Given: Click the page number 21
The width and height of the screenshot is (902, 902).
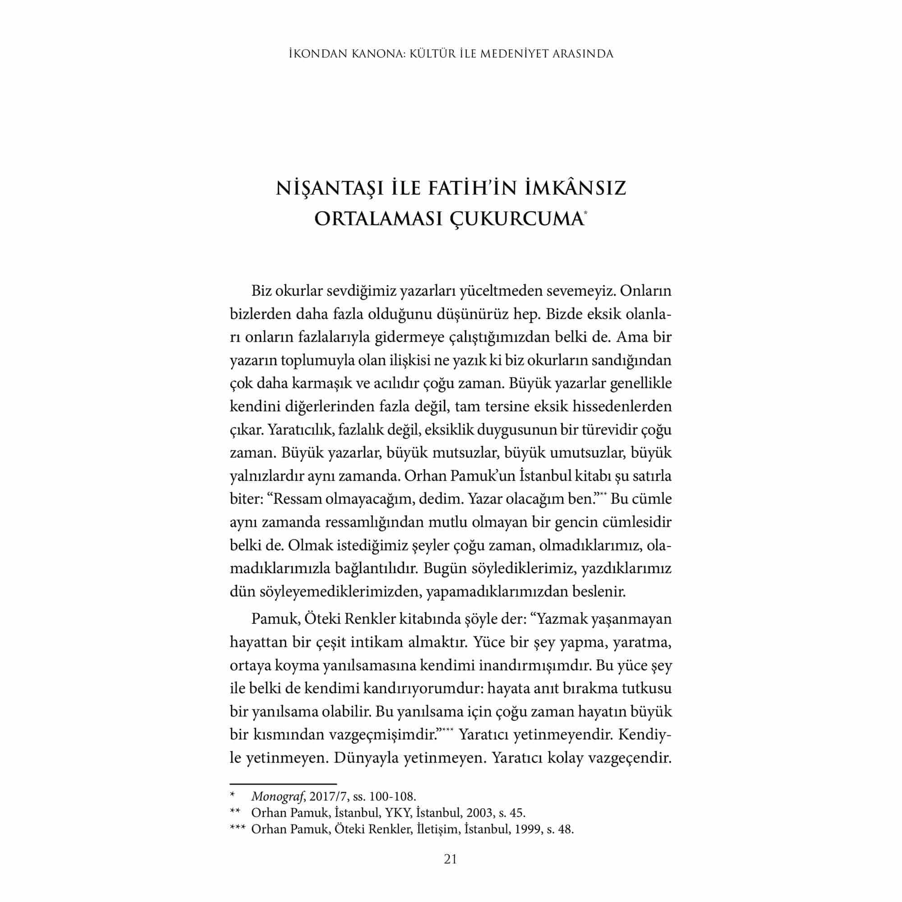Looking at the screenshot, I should coord(451,859).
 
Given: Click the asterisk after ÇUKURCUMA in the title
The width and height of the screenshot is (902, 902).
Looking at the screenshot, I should coord(585,213).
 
